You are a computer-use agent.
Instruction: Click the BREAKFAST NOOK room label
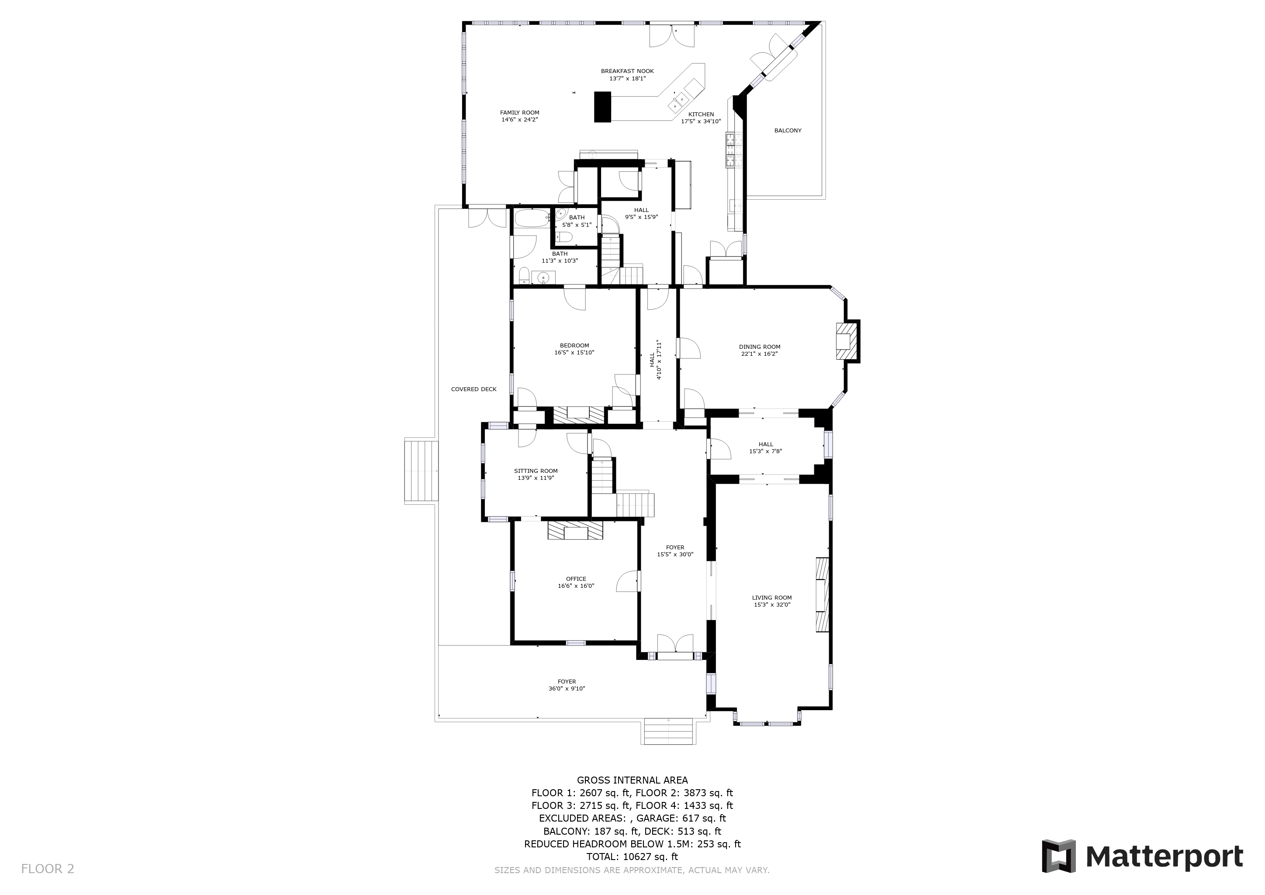pyautogui.click(x=627, y=71)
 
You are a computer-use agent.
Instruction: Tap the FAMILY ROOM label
pyautogui.click(x=519, y=112)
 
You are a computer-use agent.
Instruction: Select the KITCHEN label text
pyautogui.click(x=701, y=114)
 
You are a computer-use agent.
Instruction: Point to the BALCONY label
pyautogui.click(x=788, y=131)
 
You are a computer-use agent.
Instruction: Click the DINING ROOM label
pyautogui.click(x=759, y=347)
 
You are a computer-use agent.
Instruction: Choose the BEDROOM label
pyautogui.click(x=574, y=346)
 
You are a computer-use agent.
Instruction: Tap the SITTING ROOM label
pyautogui.click(x=536, y=471)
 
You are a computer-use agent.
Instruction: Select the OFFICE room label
pyautogui.click(x=576, y=579)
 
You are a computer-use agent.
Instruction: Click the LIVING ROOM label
pyautogui.click(x=772, y=597)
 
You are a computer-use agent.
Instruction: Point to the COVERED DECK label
pyautogui.click(x=474, y=389)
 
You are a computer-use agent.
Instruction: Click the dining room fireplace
pyautogui.click(x=847, y=341)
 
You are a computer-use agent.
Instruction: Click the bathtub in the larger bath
pyautogui.click(x=532, y=219)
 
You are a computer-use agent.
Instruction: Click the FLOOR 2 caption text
pyautogui.click(x=47, y=869)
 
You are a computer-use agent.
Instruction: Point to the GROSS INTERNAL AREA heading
pyautogui.click(x=632, y=780)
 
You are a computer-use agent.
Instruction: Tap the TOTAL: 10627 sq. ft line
pyautogui.click(x=632, y=857)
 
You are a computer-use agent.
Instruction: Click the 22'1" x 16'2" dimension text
pyautogui.click(x=759, y=354)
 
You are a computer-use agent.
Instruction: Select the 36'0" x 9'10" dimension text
pyautogui.click(x=567, y=688)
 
